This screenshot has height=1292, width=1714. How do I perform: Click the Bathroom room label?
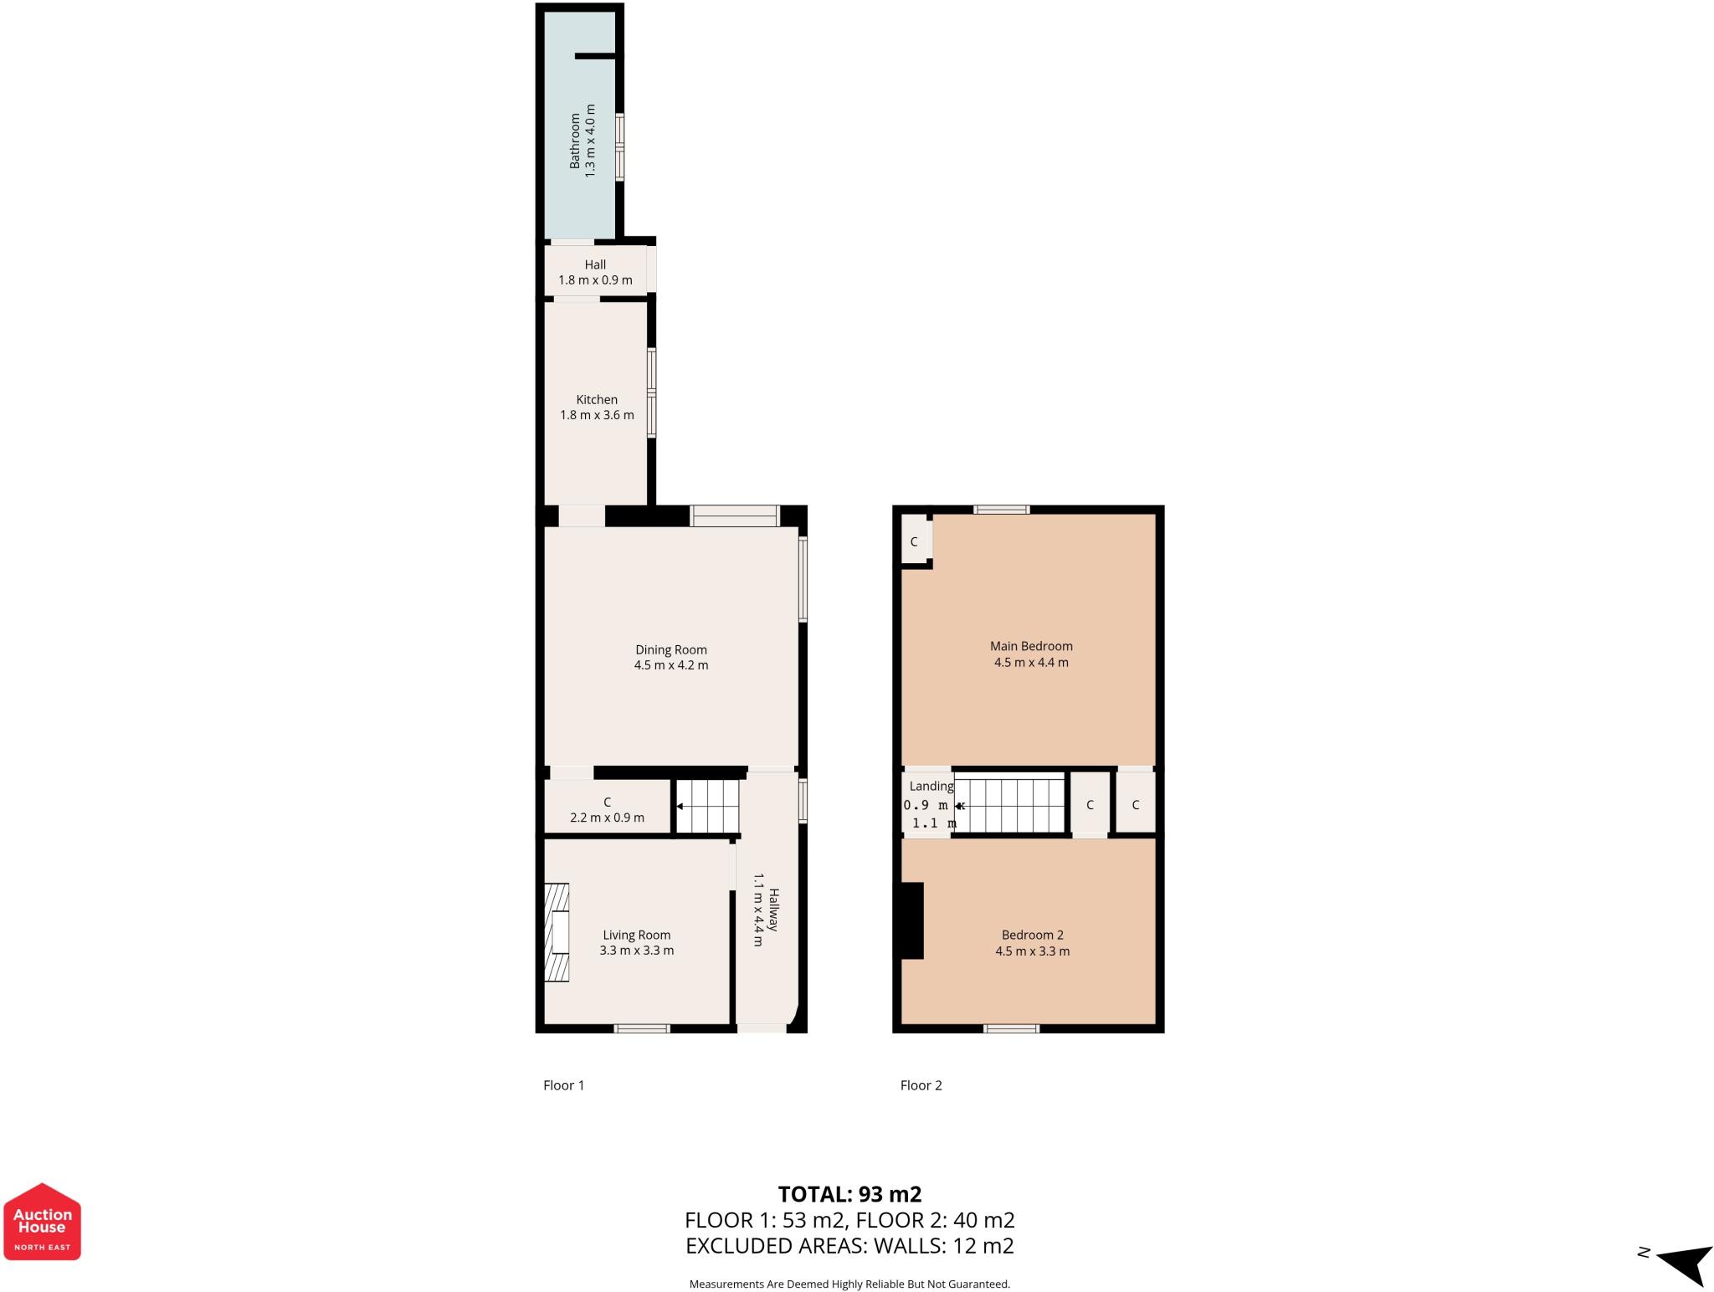click(575, 141)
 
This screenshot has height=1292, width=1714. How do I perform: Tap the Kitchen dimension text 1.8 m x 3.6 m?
click(597, 415)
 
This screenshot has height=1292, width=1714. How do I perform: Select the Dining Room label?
click(670, 649)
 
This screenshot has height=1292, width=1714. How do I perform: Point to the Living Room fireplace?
click(557, 932)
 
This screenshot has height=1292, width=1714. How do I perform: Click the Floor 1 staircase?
click(708, 806)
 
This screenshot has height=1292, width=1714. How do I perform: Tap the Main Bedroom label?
click(1031, 646)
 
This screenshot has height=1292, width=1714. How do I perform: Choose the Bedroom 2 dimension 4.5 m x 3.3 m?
click(1032, 951)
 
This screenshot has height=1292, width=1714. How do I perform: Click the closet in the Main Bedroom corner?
click(915, 541)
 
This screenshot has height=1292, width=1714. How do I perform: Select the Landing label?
click(931, 786)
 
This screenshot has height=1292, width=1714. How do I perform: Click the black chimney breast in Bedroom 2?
click(911, 920)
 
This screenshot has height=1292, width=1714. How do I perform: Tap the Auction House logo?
click(42, 1221)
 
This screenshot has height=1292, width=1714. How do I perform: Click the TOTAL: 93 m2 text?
click(849, 1194)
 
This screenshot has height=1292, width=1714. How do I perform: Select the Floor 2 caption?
click(921, 1085)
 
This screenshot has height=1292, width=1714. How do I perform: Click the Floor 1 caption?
click(563, 1085)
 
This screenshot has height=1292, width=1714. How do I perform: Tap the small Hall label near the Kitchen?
click(595, 264)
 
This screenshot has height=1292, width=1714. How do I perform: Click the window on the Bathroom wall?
click(619, 147)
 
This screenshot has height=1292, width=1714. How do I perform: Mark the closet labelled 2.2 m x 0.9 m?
click(607, 809)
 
